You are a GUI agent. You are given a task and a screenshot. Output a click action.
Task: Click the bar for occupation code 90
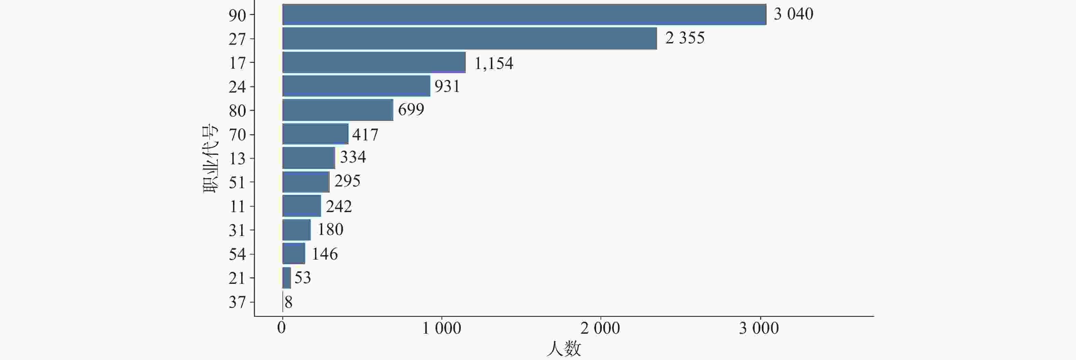[x=524, y=15]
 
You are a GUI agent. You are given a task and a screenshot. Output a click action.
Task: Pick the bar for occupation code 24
[x=356, y=86]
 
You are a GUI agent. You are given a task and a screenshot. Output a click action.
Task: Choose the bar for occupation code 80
[x=337, y=110]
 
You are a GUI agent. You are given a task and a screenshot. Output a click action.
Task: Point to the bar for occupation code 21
[x=287, y=278]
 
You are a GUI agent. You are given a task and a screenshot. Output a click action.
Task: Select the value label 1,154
[x=494, y=64]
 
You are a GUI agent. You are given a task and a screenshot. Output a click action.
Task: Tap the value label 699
[x=411, y=109]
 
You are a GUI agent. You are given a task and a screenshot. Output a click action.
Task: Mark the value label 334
[x=353, y=157]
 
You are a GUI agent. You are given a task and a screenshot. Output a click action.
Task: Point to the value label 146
[x=325, y=254]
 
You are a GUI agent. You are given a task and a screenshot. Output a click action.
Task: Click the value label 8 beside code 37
[x=288, y=302]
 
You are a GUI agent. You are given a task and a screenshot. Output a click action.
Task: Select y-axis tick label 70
[x=237, y=135]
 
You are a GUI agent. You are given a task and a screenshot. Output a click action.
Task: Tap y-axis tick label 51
[x=237, y=182]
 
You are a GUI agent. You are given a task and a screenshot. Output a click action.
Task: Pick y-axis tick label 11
[x=237, y=206]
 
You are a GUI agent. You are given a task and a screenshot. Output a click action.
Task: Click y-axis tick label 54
[x=237, y=254]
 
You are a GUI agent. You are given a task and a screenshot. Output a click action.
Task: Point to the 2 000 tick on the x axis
[x=600, y=329]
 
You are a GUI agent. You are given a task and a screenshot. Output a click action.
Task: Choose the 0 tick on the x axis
[x=282, y=328]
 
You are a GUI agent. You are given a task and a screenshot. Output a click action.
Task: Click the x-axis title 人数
[x=564, y=349]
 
